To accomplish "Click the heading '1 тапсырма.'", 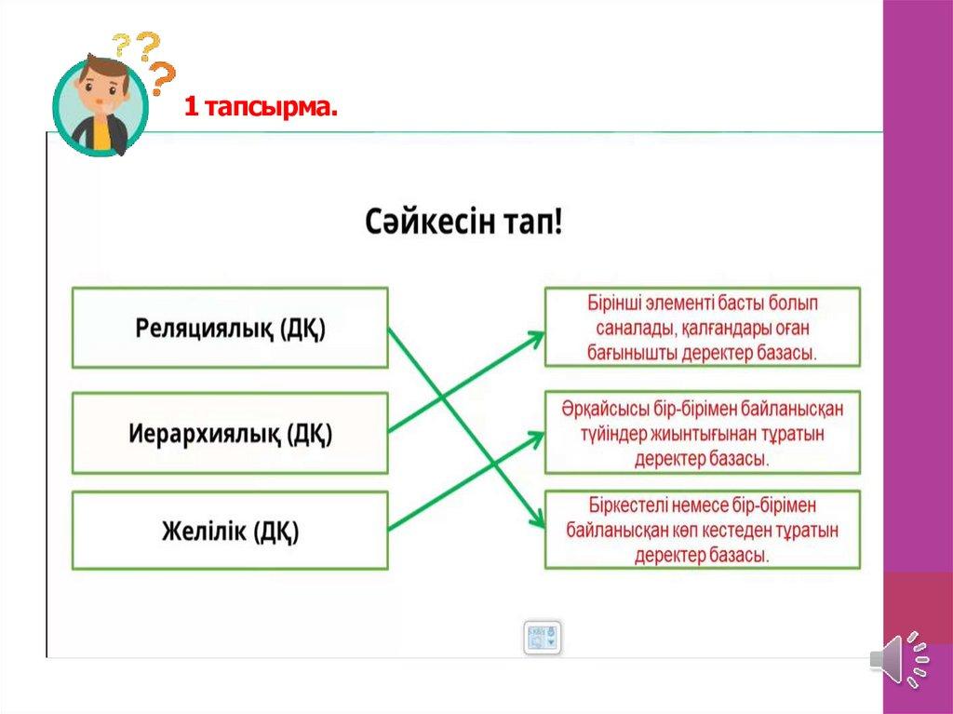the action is (x=261, y=108).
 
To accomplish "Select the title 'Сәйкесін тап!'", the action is (x=463, y=222).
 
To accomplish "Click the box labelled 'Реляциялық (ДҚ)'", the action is (x=231, y=328).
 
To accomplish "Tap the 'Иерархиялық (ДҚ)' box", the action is (x=231, y=433).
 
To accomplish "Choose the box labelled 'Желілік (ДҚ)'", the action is (x=231, y=531).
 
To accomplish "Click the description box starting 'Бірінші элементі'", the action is (x=703, y=327).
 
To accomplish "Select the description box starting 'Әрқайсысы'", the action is (x=703, y=433).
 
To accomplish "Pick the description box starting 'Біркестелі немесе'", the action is (x=703, y=530).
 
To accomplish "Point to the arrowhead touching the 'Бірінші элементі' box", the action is (x=535, y=338).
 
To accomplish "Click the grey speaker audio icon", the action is (x=900, y=660).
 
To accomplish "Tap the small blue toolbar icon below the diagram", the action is (x=543, y=638).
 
